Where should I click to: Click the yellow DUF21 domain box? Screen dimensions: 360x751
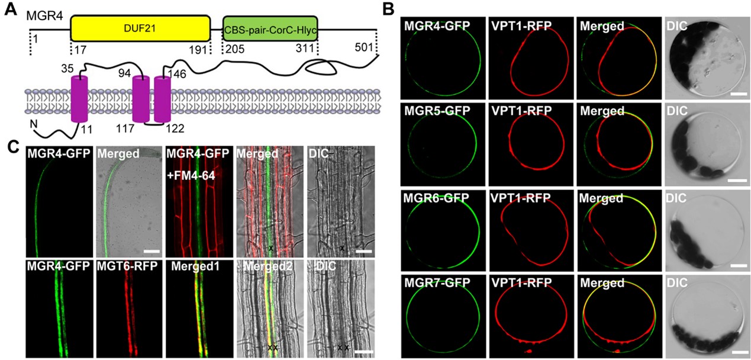(140, 28)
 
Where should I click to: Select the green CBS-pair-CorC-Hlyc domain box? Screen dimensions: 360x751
(270, 28)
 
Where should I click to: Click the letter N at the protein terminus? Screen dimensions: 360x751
(33, 125)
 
